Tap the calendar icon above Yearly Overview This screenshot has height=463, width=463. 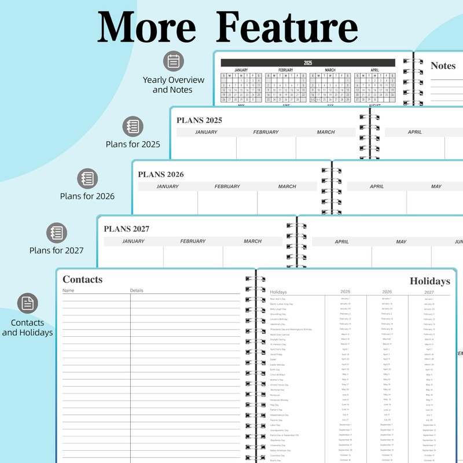[x=173, y=61]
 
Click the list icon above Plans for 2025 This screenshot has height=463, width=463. [x=133, y=126]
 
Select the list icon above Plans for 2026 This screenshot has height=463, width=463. [x=88, y=178]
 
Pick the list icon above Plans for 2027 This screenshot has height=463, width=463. [x=57, y=233]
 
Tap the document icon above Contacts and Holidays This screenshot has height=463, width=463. [x=27, y=303]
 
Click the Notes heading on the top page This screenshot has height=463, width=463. [x=443, y=66]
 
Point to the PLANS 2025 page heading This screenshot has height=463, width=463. [x=199, y=120]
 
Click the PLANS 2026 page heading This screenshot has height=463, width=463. [x=160, y=174]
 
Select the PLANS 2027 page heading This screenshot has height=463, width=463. [x=126, y=229]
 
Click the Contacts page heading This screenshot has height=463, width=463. [x=82, y=280]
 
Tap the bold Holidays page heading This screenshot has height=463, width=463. [x=429, y=281]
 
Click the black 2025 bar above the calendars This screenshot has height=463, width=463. [x=307, y=63]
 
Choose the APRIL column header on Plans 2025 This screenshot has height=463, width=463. [x=414, y=132]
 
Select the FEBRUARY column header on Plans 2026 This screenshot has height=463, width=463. [x=227, y=186]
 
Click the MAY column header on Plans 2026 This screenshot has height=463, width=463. [x=436, y=186]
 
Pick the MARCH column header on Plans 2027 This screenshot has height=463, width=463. [x=252, y=241]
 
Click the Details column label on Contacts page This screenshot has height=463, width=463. [x=137, y=291]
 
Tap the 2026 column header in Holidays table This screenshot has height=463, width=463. [x=387, y=292]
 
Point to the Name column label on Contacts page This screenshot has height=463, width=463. [x=68, y=291]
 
